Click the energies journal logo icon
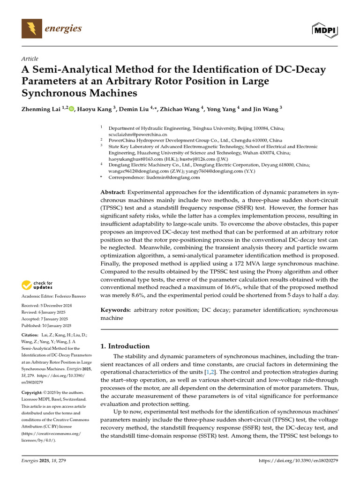tap(31, 29)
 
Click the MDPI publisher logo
tap(324, 30)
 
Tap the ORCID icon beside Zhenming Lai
tap(72, 109)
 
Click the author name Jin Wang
tap(264, 109)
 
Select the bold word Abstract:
tap(113, 193)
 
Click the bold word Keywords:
tap(116, 310)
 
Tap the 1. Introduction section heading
tap(126, 346)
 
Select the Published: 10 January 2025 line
tap(46, 325)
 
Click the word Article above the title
tap(30, 59)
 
